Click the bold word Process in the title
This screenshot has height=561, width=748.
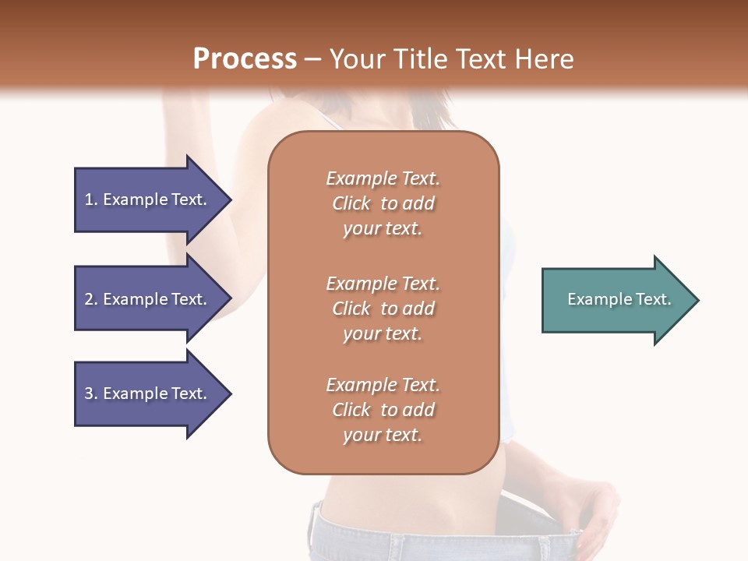click(245, 59)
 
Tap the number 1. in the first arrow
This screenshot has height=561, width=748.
click(90, 199)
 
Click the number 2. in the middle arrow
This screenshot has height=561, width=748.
click(90, 299)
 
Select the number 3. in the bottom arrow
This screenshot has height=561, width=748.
click(90, 393)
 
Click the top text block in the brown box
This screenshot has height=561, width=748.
click(383, 203)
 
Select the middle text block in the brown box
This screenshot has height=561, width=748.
click(383, 309)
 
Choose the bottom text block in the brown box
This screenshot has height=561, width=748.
click(383, 410)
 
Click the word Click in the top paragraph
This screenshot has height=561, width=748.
click(351, 203)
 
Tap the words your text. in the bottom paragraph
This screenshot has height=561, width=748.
click(383, 435)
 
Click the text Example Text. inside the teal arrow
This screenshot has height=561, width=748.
click(619, 299)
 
